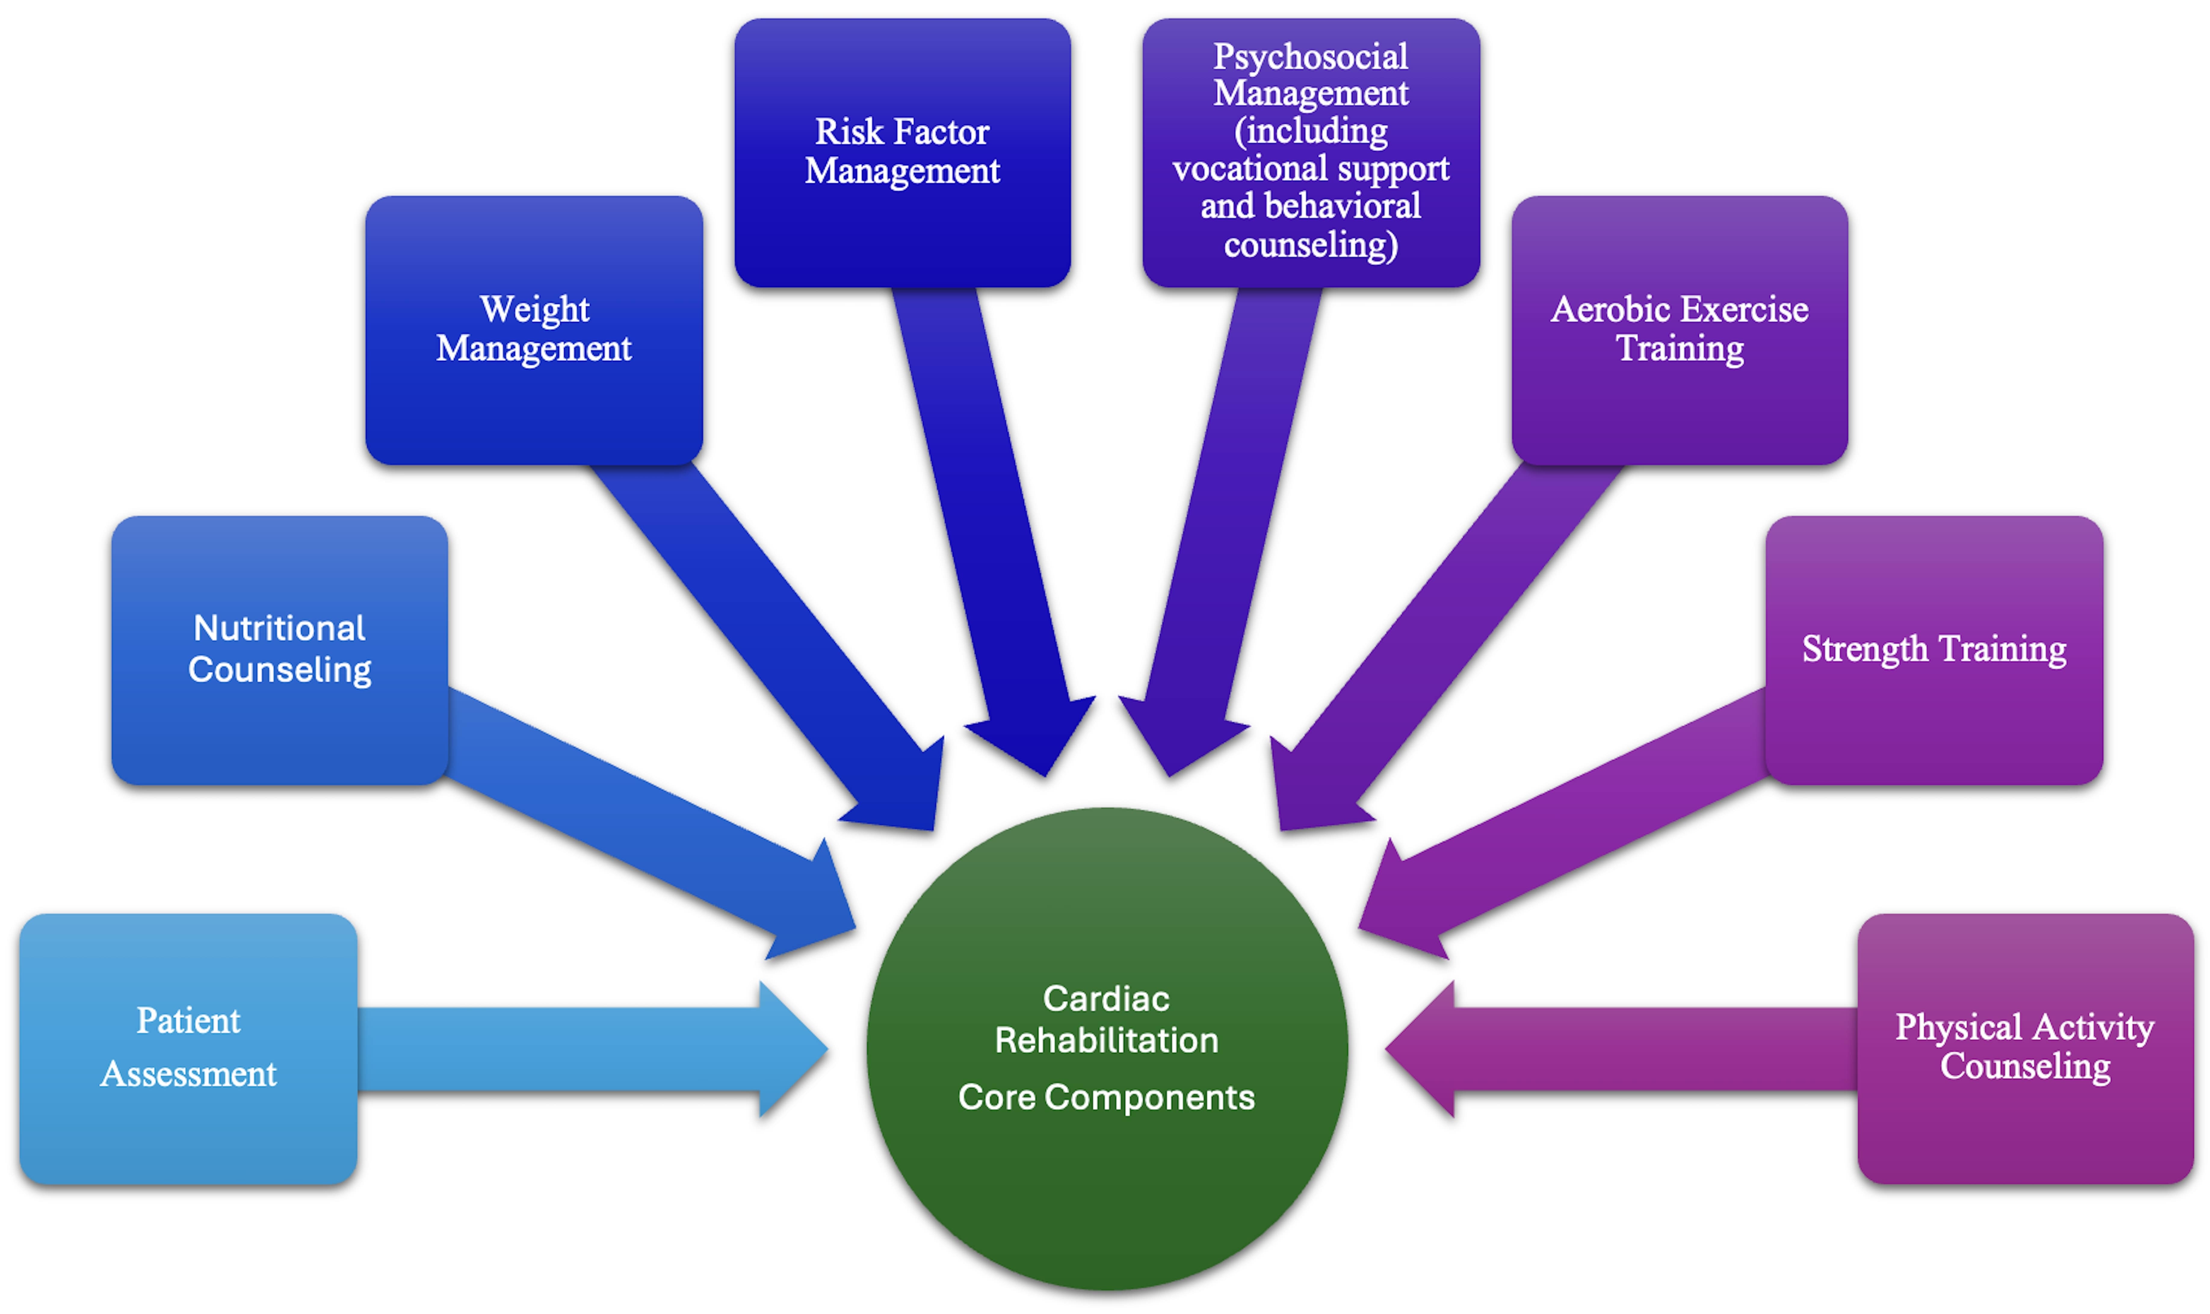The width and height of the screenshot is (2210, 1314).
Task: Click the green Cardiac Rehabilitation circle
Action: click(1106, 1178)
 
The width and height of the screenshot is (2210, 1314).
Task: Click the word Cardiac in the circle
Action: click(1106, 999)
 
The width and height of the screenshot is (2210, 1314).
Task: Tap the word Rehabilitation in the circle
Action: click(1106, 1040)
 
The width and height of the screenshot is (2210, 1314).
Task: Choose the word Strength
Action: click(1865, 649)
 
